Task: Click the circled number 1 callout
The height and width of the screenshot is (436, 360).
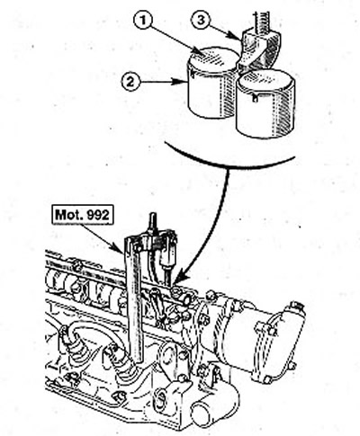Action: [143, 20]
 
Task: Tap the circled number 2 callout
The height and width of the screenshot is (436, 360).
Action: [130, 82]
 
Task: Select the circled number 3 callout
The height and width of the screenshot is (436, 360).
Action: [201, 20]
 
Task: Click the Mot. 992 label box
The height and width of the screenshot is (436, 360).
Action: [83, 215]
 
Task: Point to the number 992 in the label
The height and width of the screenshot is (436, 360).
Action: [95, 215]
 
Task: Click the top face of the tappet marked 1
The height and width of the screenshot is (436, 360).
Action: [213, 59]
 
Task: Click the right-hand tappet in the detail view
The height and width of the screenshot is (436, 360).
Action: [265, 103]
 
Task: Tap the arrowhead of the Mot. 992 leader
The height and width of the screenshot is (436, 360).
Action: [120, 249]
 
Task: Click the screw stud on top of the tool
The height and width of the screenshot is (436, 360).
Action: [153, 221]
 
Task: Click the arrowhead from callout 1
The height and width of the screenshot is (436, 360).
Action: [200, 51]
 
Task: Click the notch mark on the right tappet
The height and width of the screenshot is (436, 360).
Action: [255, 98]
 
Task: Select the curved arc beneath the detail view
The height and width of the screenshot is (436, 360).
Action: [229, 158]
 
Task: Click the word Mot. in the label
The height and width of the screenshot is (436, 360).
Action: [67, 215]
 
